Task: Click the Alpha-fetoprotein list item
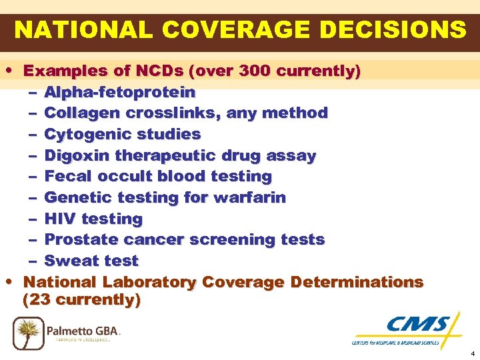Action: click(119, 92)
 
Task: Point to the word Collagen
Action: click(75, 113)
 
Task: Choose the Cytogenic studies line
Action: click(122, 134)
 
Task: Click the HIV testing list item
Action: click(93, 219)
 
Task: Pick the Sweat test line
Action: click(91, 261)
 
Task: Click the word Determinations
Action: click(359, 282)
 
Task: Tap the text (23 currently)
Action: click(81, 300)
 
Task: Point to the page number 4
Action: click(472, 353)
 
